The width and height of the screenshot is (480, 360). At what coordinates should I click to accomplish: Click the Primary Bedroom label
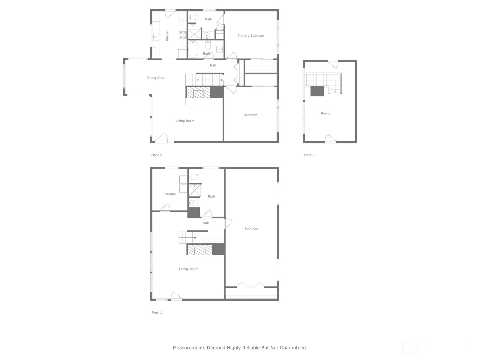[251, 36]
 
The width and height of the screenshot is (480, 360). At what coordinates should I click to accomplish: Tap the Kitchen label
[167, 35]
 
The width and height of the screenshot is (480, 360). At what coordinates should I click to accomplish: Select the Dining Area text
[155, 78]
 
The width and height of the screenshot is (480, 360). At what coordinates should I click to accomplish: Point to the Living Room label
[185, 121]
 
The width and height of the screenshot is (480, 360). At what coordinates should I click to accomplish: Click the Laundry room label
[170, 194]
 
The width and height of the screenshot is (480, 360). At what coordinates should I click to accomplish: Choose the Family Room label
[188, 269]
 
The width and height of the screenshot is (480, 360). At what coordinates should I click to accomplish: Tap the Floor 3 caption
[309, 155]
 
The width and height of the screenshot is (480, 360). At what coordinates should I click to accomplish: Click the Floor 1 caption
[157, 313]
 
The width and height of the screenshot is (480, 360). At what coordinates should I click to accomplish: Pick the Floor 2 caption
[157, 155]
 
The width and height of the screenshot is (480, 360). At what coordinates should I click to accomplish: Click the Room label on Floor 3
[325, 113]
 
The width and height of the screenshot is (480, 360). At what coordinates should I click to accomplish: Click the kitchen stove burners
[183, 35]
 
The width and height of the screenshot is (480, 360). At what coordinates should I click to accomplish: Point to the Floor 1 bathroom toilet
[193, 177]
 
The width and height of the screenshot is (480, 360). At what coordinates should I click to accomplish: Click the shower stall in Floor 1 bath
[194, 190]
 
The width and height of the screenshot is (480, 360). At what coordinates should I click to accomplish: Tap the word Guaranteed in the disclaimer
[293, 348]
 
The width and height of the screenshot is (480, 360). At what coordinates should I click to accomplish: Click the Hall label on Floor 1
[205, 223]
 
